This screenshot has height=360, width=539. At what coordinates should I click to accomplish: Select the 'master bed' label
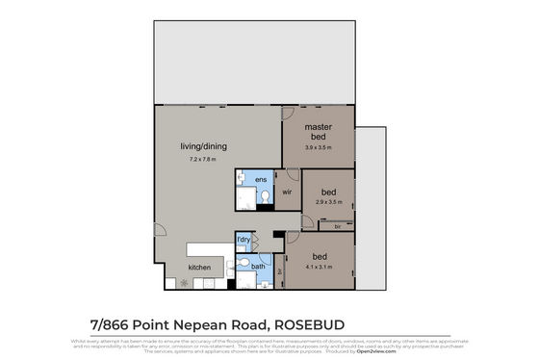(x=319, y=132)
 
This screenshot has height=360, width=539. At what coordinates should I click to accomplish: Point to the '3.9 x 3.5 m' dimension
(x=319, y=148)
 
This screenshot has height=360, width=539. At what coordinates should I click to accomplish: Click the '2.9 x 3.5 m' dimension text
(x=329, y=202)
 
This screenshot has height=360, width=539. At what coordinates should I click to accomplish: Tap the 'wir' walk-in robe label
(x=287, y=192)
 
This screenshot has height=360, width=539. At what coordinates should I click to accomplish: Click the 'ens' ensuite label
(x=261, y=180)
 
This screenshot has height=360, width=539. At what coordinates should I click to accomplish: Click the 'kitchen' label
(x=199, y=268)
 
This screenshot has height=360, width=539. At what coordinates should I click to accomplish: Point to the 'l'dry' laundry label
(x=244, y=239)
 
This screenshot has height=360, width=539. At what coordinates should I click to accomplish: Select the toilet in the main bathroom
(x=243, y=263)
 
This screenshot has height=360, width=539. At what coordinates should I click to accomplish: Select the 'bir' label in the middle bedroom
(x=337, y=226)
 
